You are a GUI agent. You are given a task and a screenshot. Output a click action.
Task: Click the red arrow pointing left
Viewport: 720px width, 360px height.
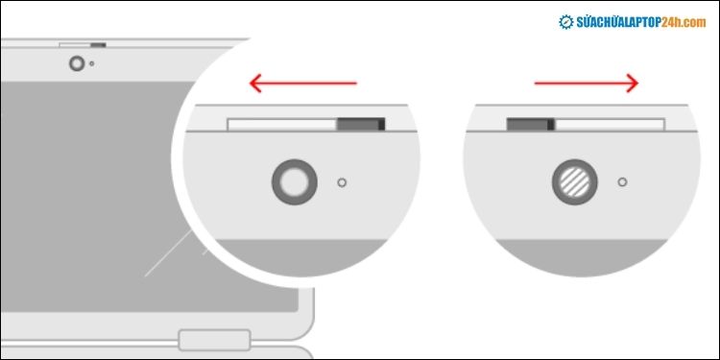(302, 84)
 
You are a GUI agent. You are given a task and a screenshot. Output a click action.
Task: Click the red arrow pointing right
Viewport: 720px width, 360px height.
(586, 84)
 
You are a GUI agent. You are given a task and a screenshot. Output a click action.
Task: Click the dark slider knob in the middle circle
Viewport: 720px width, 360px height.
(360, 125)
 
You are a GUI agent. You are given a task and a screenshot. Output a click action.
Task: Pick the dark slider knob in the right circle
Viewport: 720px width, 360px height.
(530, 125)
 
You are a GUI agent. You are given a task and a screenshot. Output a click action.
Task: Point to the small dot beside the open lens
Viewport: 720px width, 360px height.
(343, 180)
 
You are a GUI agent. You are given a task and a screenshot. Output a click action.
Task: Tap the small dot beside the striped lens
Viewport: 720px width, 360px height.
(622, 180)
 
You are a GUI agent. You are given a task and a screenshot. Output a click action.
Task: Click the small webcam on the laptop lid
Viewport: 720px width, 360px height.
(77, 63)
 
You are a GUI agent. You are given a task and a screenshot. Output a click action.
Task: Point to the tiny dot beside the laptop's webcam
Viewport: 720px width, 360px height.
(91, 64)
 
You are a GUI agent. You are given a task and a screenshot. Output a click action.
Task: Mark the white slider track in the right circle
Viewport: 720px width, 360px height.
(611, 125)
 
